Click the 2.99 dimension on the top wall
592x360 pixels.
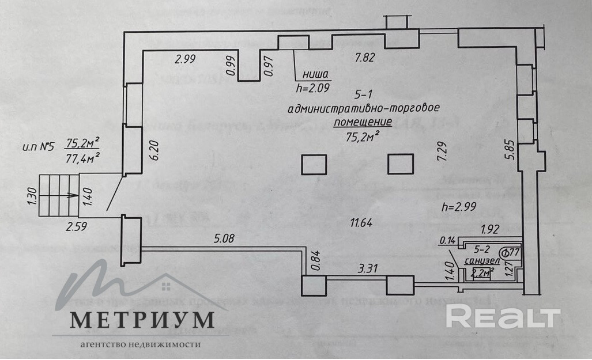pos(186,58)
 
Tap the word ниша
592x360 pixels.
pos(314,74)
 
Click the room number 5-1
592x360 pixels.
pos(364,94)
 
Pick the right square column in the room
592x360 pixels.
pos(401,164)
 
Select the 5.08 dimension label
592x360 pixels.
pos(225,238)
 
